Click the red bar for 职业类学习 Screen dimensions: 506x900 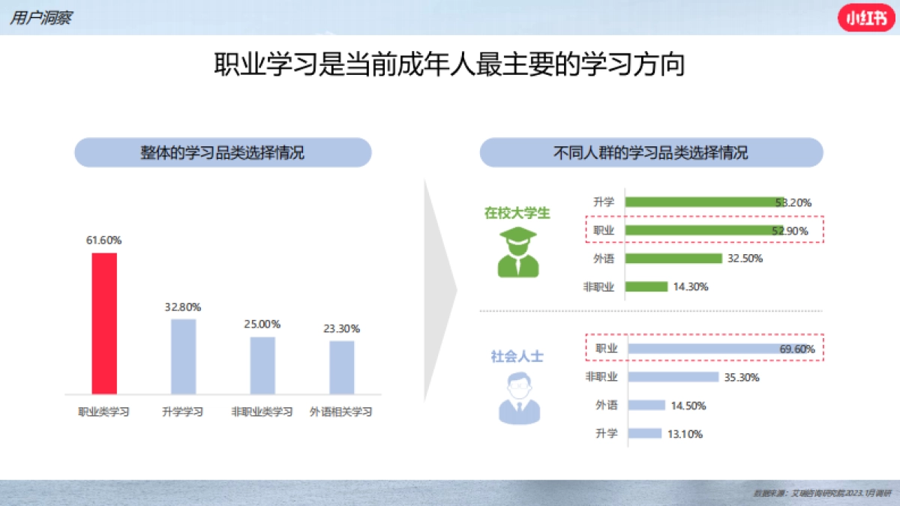[x=104, y=323]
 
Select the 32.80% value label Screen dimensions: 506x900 [x=183, y=307]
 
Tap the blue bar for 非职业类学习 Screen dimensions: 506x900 [x=262, y=365]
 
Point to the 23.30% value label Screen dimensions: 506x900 [x=341, y=328]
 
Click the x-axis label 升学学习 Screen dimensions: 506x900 [x=183, y=412]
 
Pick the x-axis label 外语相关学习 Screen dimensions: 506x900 [x=341, y=412]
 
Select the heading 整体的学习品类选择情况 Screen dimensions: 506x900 [x=223, y=153]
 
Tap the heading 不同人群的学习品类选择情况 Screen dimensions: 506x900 [x=651, y=153]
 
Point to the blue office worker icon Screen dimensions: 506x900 [x=517, y=397]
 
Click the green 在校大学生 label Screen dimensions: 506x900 [x=517, y=213]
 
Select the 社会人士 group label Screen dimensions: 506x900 [x=517, y=357]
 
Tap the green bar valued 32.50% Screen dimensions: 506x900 [x=673, y=259]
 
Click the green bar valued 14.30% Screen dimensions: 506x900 [x=646, y=286]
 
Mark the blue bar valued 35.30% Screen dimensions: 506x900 [x=673, y=377]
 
